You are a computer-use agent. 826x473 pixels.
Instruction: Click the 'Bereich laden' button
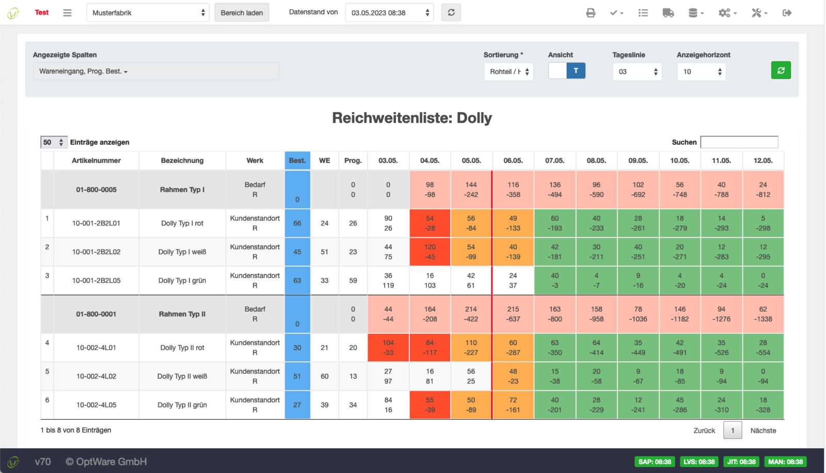[242, 12]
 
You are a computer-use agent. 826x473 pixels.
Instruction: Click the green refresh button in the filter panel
[781, 70]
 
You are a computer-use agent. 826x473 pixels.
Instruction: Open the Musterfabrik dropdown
[148, 12]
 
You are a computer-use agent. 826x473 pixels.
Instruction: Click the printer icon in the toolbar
[591, 13]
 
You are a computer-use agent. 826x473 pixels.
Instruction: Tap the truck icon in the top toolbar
[668, 13]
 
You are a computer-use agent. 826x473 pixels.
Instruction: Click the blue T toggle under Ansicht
[576, 70]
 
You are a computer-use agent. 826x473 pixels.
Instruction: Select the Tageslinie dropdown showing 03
[637, 72]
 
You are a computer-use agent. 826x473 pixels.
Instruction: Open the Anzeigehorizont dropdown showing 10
[701, 72]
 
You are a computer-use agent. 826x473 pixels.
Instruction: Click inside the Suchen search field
[739, 142]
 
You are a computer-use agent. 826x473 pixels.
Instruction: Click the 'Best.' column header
[297, 161]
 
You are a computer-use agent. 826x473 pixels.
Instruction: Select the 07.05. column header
[554, 161]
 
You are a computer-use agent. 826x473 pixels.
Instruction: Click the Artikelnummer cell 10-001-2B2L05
[96, 281]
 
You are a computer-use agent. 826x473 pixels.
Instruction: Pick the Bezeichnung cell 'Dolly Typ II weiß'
[182, 376]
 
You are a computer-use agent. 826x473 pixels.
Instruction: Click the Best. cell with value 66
[297, 223]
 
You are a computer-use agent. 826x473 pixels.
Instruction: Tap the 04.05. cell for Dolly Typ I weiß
[430, 252]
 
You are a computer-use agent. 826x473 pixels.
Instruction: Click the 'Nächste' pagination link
[763, 431]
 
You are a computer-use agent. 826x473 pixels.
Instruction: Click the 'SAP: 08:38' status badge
[655, 462]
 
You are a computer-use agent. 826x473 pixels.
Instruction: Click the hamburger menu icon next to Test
[67, 13]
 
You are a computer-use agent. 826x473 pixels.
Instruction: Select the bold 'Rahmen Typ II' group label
[182, 314]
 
